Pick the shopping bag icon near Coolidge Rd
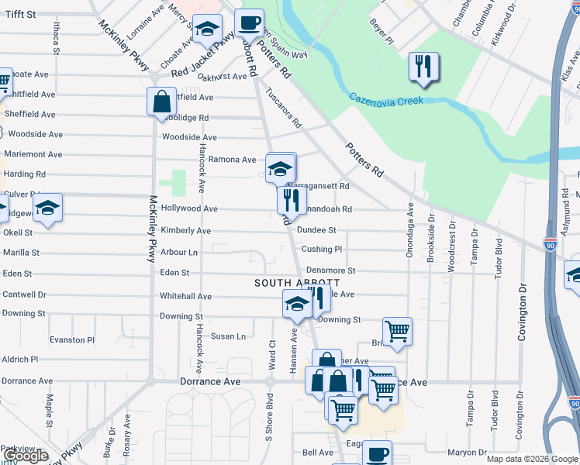pos(161,101)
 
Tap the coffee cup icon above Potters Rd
pos(249,22)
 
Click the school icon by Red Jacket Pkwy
pos(207,30)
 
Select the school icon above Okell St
pos(47,208)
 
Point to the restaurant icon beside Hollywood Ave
pos(292,201)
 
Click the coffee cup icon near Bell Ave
pos(377,454)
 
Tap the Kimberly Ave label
pos(185,231)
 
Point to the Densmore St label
pos(328,270)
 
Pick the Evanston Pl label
pos(72,340)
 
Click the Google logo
pos(26,456)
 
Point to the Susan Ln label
pos(229,336)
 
